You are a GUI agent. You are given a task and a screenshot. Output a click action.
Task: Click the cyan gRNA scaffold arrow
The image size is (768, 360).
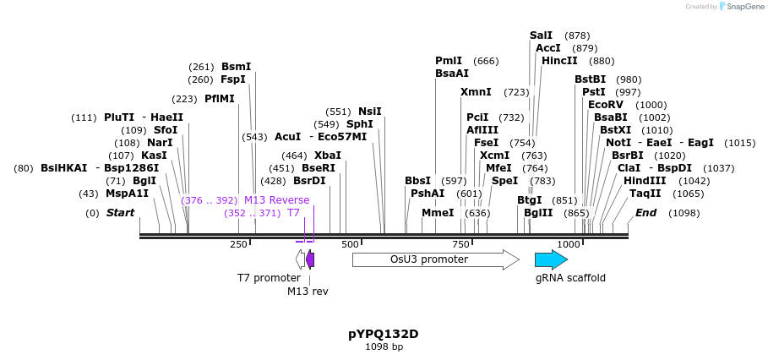[x=550, y=259]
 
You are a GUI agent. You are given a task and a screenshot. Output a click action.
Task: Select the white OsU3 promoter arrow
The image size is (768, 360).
[x=435, y=259]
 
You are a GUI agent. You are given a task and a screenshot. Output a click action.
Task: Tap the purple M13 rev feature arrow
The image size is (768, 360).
[x=310, y=259]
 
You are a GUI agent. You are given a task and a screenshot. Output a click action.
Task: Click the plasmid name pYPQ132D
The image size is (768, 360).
[x=384, y=334]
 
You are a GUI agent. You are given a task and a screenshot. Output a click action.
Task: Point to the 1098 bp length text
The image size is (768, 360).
[x=384, y=346]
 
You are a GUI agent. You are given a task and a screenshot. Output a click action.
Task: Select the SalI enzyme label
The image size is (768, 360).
[x=541, y=35]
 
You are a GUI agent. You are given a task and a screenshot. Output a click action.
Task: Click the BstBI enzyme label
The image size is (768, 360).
[x=590, y=79]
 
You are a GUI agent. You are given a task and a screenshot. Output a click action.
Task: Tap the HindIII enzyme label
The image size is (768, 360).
[x=645, y=180]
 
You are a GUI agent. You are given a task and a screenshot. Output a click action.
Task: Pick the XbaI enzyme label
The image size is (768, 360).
[x=328, y=155]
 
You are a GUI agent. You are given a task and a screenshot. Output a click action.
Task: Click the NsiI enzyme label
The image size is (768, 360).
[x=370, y=112]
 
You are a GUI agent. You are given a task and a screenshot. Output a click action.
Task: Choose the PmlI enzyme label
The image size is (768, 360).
[x=449, y=61]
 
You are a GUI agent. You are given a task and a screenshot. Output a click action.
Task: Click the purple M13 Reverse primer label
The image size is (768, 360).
[x=276, y=200]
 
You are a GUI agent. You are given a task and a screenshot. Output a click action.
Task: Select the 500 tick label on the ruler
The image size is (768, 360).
[x=350, y=244]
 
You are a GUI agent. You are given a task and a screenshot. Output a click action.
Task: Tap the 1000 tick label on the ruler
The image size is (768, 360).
[x=569, y=244]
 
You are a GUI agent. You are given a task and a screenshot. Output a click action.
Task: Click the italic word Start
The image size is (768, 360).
[x=120, y=213]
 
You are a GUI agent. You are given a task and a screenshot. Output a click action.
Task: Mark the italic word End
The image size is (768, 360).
[x=645, y=213]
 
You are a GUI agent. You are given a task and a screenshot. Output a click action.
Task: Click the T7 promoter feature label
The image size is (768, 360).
[x=269, y=277]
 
